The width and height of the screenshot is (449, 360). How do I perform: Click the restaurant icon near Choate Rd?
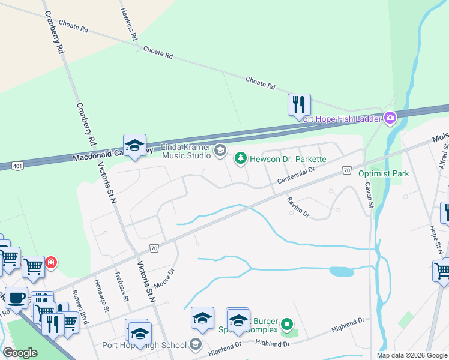pyautogui.click(x=299, y=105)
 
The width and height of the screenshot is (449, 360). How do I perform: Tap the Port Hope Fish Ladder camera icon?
pyautogui.click(x=391, y=118)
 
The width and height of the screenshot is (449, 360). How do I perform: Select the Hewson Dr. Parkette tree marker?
pyautogui.click(x=240, y=158)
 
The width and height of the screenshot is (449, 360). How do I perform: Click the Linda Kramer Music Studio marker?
pyautogui.click(x=220, y=150)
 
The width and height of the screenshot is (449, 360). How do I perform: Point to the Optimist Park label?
pyautogui.click(x=383, y=174)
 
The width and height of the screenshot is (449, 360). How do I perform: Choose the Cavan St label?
pyautogui.click(x=371, y=195)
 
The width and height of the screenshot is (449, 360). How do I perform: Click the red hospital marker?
pyautogui.click(x=52, y=262)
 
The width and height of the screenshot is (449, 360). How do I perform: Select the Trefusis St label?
pyautogui.click(x=122, y=286)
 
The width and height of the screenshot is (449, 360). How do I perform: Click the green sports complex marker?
pyautogui.click(x=286, y=325)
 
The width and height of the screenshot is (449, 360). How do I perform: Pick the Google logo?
pyautogui.click(x=20, y=353)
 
